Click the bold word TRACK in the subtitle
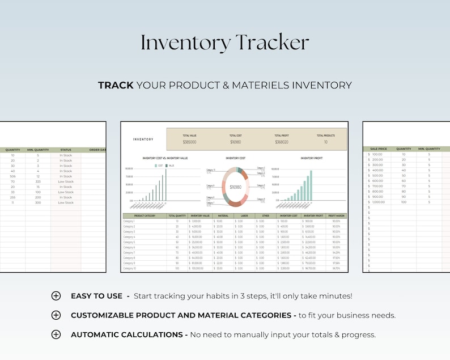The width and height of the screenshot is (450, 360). tap(116, 85)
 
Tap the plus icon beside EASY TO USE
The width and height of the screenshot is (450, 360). tap(56, 296)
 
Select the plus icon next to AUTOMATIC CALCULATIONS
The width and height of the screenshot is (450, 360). tap(56, 334)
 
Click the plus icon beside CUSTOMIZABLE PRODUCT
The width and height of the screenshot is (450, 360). tap(56, 315)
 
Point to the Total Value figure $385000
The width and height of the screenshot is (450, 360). tap(189, 142)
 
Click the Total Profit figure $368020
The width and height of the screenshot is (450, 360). tap(281, 142)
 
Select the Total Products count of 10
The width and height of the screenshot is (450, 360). tap(325, 142)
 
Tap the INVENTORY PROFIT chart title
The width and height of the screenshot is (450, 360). tap(311, 159)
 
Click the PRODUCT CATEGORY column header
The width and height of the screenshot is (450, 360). tap(144, 215)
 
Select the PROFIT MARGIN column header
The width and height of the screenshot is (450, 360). tap(336, 215)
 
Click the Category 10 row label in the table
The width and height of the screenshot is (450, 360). tap(130, 268)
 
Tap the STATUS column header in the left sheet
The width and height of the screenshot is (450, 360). tap(66, 150)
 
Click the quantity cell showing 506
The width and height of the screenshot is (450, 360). tap(12, 176)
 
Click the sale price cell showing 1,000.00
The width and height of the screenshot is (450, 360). tap(378, 202)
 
